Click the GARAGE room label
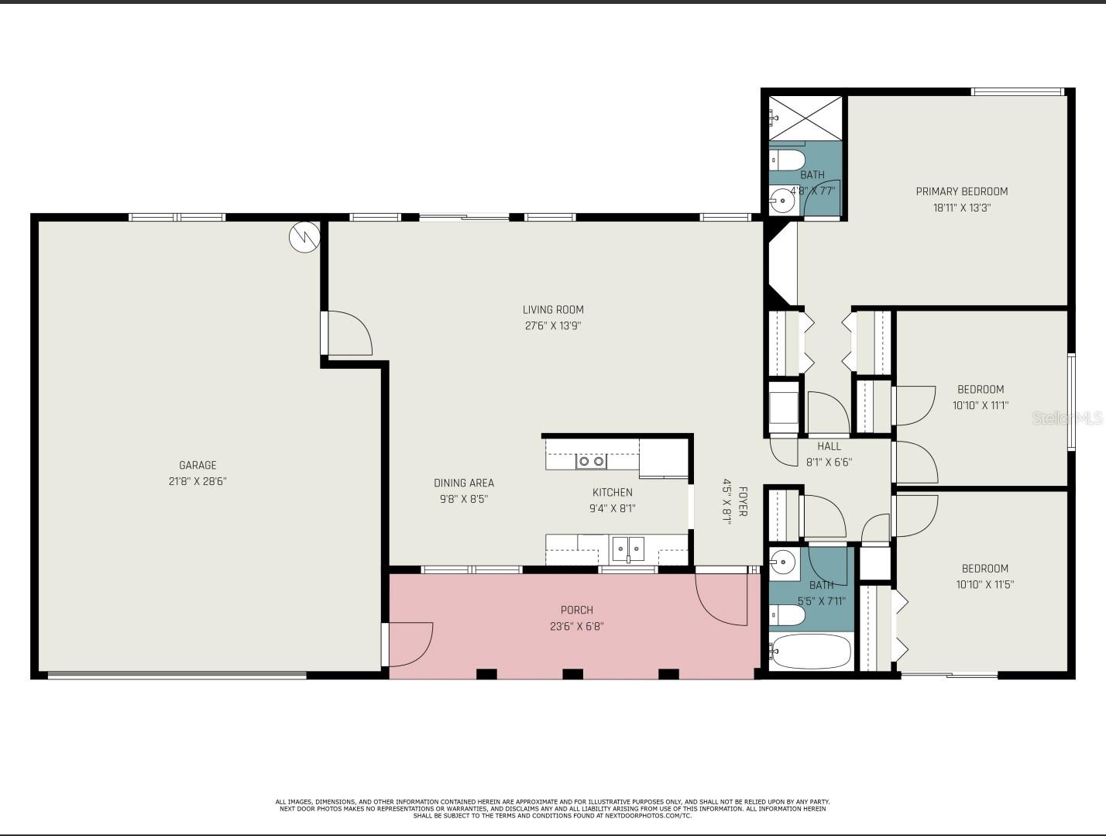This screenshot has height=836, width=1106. coord(197,465)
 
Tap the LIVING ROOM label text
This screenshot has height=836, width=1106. coord(553,309)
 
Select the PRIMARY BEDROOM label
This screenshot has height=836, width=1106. coord(961,191)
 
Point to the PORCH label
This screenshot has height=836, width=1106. coord(576,611)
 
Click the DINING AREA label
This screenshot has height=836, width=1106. coord(464,483)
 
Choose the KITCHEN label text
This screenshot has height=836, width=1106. coord(612,492)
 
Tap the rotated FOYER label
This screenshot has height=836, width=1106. coord(742,501)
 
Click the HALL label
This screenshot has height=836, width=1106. coord(829,446)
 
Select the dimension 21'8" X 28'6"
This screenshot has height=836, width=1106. coord(197,481)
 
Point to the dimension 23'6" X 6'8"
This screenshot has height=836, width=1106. coord(577,626)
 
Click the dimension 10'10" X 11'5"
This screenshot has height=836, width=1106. coord(984,584)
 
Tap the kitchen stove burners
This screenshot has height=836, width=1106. coord(591,461)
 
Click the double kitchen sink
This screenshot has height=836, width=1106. coord(628,550)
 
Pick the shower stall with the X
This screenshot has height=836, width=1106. coord(805,118)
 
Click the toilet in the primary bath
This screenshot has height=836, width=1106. coord(787,160)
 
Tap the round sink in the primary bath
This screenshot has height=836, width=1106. coord(782,201)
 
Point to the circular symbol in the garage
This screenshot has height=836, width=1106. coord(304,237)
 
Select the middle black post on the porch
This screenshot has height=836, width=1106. coord(572,674)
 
